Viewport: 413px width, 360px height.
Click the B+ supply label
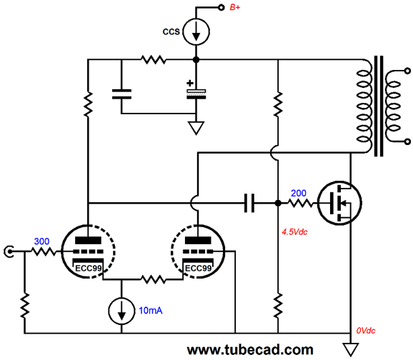pos(235,7)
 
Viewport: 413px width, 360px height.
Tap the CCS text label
pos(171,32)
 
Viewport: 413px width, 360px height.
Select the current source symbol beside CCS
pos(196,31)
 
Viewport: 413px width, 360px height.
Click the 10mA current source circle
pos(121,311)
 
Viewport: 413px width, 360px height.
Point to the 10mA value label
pos(150,311)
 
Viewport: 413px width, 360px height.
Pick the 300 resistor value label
pos(41,241)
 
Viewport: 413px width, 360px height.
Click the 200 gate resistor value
pos(299,194)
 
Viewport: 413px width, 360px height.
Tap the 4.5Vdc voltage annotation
pos(294,232)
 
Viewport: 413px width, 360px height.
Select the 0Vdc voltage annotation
pos(366,331)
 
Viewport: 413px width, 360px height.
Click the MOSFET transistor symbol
pos(339,203)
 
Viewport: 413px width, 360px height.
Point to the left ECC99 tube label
pos(88,269)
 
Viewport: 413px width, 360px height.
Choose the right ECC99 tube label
pos(198,269)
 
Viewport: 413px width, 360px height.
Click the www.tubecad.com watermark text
pos(250,350)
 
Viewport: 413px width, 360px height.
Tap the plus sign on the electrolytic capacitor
pos(190,84)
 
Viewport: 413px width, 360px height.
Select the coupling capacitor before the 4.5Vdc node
pos(249,203)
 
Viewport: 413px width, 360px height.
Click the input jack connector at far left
pos(9,251)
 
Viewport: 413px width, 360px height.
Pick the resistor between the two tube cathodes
pos(154,279)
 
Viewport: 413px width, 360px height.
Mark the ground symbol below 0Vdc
pos(351,350)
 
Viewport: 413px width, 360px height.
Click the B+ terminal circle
pos(222,7)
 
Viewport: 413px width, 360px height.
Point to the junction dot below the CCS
pos(196,60)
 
